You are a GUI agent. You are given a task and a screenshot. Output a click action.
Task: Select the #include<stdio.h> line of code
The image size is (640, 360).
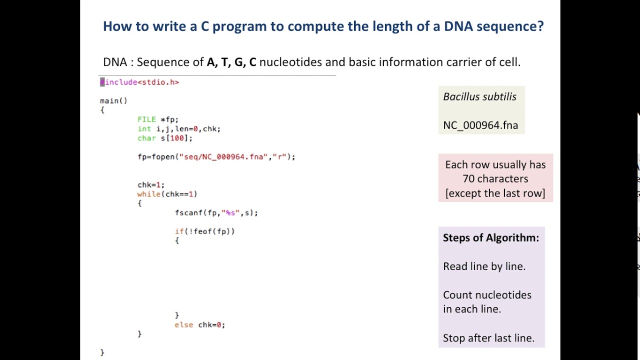[139, 82]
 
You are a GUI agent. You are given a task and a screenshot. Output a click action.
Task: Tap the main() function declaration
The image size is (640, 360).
[113, 101]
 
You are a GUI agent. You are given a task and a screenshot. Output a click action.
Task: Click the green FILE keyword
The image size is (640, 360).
[146, 119]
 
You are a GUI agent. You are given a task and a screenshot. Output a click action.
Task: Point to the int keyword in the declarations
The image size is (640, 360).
[144, 129]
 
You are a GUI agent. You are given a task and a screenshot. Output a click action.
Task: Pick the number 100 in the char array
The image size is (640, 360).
[177, 138]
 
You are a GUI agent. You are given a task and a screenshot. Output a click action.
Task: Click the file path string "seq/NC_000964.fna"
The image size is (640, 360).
[223, 157]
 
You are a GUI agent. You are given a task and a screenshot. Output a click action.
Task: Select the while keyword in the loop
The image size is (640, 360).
[149, 194]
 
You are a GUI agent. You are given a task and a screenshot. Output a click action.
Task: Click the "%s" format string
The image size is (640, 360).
[230, 213]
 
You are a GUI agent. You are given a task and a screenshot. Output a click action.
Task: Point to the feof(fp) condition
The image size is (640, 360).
[211, 231]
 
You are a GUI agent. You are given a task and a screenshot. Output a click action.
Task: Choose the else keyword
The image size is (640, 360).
[184, 325]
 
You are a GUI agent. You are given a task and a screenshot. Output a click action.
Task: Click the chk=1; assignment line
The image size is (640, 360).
[151, 185]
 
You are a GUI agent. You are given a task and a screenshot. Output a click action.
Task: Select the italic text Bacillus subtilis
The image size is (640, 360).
[479, 97]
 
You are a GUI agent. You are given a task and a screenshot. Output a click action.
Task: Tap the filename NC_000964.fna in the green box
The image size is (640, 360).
[480, 125]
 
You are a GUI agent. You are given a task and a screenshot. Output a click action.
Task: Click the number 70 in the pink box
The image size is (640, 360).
[468, 179]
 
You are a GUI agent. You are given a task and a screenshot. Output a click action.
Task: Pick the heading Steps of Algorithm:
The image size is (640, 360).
[491, 237]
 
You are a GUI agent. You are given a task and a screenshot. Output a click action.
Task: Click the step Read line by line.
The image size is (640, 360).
[484, 266]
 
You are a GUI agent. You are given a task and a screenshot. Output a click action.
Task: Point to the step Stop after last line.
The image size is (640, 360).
[488, 338]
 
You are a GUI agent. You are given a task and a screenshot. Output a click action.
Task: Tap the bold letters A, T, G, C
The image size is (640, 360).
[231, 62]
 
